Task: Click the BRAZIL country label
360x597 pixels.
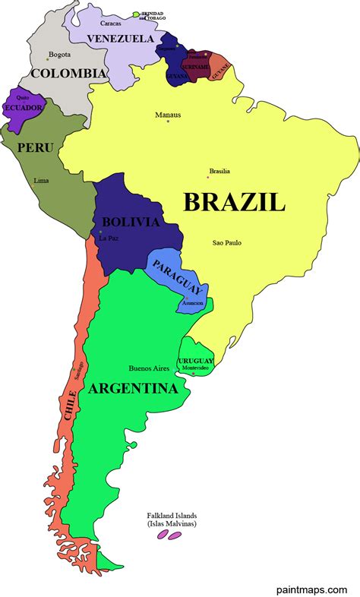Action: [x=234, y=202]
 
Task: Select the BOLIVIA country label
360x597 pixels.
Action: [x=130, y=223]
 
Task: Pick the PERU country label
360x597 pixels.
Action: [x=35, y=147]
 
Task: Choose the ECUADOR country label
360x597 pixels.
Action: [x=22, y=108]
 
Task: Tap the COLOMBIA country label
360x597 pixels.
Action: [x=67, y=73]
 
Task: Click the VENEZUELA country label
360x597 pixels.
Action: [x=120, y=38]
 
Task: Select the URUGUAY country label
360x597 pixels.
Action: [x=195, y=360]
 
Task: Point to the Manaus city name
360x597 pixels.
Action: [x=167, y=115]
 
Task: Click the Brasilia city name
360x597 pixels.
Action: [x=219, y=171]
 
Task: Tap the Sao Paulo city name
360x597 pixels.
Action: [x=227, y=242]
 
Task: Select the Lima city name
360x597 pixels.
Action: [x=41, y=181]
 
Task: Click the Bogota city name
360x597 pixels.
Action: [x=59, y=55]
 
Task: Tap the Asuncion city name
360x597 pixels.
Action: [x=192, y=303]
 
